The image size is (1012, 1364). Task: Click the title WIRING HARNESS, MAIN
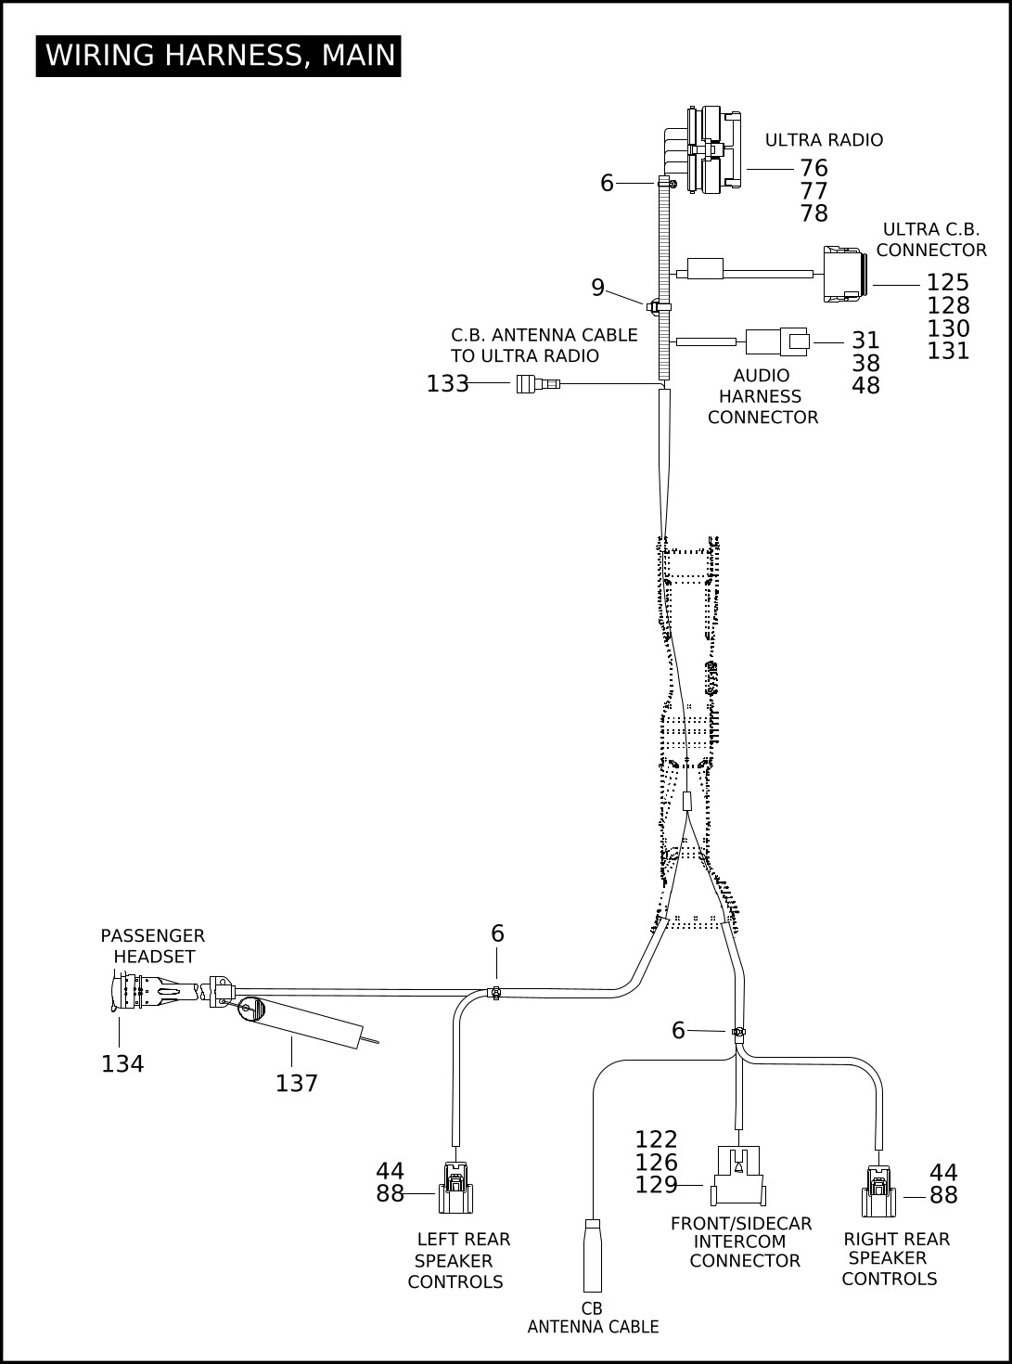(x=220, y=56)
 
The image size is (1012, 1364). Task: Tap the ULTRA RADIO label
(x=824, y=140)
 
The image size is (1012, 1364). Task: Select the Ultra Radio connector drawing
(x=713, y=149)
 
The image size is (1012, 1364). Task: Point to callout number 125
(x=947, y=282)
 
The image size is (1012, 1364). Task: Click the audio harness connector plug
(x=777, y=341)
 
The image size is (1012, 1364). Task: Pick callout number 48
(x=865, y=386)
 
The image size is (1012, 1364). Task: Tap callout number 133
(x=448, y=384)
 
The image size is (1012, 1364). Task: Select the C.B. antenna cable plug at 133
(x=538, y=384)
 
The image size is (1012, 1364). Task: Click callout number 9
(x=597, y=288)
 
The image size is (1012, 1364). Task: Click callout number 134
(x=122, y=1064)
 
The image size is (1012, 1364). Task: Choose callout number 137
(x=296, y=1084)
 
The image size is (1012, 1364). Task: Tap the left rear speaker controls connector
(x=455, y=1188)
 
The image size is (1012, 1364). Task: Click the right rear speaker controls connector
(x=878, y=1191)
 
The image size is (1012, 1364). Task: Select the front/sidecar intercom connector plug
(x=738, y=1176)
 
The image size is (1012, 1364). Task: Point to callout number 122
(x=656, y=1139)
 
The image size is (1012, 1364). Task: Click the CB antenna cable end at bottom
(x=593, y=1255)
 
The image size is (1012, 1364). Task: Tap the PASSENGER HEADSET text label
(x=152, y=946)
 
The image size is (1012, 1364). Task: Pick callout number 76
(x=814, y=168)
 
